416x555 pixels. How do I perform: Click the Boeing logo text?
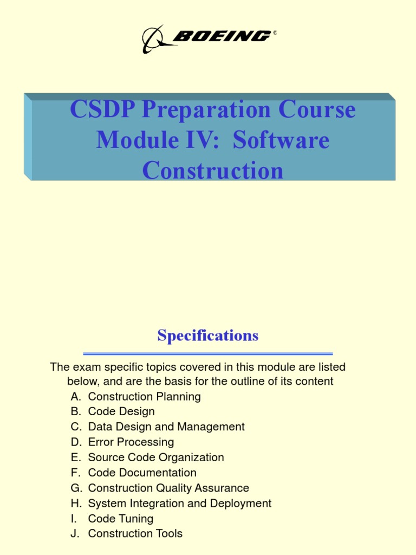pyautogui.click(x=222, y=36)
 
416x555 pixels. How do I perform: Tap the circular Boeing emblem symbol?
pyautogui.click(x=157, y=39)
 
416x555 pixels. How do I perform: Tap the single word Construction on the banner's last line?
pyautogui.click(x=213, y=171)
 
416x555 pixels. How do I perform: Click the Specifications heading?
pyautogui.click(x=208, y=335)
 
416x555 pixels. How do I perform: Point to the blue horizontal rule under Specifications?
pyautogui.click(x=208, y=353)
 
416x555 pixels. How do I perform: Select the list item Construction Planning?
pyautogui.click(x=144, y=397)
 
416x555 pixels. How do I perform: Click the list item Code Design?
pyautogui.click(x=121, y=412)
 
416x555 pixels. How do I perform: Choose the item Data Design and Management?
pyautogui.click(x=166, y=427)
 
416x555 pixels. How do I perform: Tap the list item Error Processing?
pyautogui.click(x=131, y=442)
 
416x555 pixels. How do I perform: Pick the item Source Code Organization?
pyautogui.click(x=156, y=457)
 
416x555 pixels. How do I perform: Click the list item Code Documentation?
pyautogui.click(x=142, y=473)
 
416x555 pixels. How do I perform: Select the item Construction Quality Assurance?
pyautogui.click(x=168, y=488)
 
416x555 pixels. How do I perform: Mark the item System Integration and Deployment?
pyautogui.click(x=180, y=504)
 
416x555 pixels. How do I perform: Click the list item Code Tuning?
pyautogui.click(x=121, y=519)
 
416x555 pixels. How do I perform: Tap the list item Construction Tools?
pyautogui.click(x=135, y=534)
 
